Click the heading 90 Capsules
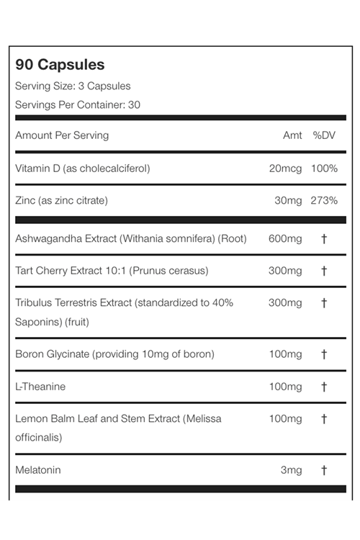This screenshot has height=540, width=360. click(x=60, y=65)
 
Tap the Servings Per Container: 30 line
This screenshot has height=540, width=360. click(x=78, y=104)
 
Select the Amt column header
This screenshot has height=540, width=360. click(x=292, y=135)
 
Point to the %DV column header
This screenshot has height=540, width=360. click(x=325, y=135)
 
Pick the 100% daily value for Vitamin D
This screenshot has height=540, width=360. click(x=324, y=168)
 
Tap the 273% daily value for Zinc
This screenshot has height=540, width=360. click(x=324, y=200)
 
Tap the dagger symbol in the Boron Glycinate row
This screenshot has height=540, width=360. click(x=324, y=354)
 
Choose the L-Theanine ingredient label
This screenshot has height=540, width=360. click(x=40, y=387)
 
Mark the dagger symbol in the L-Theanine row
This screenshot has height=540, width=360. click(x=324, y=387)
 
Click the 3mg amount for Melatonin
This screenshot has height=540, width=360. click(x=291, y=470)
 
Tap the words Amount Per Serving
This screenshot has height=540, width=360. click(x=62, y=135)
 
